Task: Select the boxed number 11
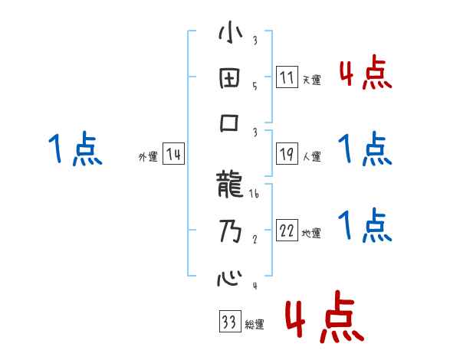click(286, 77)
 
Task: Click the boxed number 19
click(286, 154)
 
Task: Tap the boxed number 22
click(286, 231)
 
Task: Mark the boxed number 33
click(228, 321)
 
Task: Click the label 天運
click(311, 80)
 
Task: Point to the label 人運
click(311, 156)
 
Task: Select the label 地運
click(311, 233)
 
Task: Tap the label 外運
click(148, 156)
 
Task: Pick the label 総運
click(255, 324)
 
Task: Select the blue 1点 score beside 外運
click(75, 149)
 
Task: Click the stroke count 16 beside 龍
click(254, 196)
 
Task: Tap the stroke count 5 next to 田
click(254, 86)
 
